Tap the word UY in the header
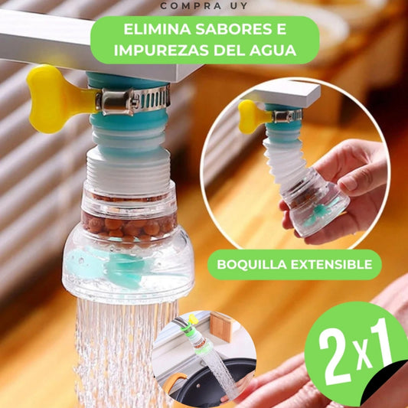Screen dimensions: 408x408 239,5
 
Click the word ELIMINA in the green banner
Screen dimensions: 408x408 157,29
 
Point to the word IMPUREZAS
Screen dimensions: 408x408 162,51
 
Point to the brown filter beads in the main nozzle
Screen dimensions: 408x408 129,227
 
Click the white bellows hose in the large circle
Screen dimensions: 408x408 285,158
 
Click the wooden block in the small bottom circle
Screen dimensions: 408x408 220,326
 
